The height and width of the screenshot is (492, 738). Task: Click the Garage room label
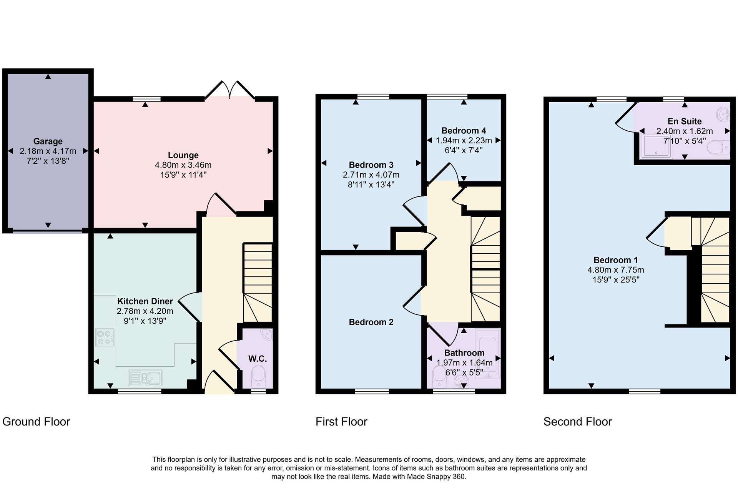48,141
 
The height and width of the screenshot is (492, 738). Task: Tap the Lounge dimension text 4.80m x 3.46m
183,165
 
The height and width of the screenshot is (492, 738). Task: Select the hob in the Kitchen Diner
105,337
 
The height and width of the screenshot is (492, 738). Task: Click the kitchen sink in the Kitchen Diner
145,378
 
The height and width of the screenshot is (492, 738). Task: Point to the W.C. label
258,359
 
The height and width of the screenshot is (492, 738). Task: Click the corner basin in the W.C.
266,334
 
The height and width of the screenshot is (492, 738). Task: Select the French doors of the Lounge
230,90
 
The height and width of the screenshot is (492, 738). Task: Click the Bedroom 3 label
371,165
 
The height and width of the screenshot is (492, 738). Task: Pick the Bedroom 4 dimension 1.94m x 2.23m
464,141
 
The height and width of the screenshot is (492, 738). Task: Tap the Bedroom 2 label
371,322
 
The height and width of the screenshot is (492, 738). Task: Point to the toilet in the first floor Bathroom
439,377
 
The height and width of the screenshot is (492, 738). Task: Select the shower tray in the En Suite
656,146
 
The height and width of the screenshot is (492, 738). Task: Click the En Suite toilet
718,147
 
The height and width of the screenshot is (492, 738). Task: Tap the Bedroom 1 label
615,260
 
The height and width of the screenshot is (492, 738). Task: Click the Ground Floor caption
36,422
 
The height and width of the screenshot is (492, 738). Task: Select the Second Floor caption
577,422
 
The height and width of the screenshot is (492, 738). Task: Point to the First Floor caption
341,422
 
